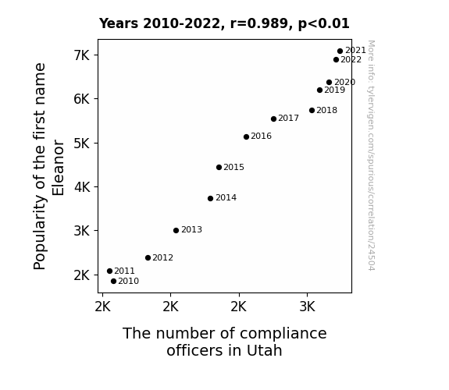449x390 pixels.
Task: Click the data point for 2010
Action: pos(113,282)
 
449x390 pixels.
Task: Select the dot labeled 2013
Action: pos(176,230)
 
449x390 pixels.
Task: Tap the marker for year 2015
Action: pos(219,168)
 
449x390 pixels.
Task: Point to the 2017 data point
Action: pos(273,119)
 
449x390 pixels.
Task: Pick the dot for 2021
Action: pos(340,51)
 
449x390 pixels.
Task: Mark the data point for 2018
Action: pos(312,111)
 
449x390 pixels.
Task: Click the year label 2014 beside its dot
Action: pos(226,197)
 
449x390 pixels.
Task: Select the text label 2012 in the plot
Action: pos(162,258)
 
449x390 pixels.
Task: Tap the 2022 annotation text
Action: pos(351,59)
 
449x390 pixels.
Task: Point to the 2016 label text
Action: pos(261,136)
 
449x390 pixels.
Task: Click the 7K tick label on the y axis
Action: pos(82,55)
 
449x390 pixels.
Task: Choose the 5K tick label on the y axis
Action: pos(82,143)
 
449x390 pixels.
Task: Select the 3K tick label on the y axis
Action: pos(82,231)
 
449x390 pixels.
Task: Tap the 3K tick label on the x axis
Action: pos(307,307)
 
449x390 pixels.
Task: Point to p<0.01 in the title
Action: pos(324,23)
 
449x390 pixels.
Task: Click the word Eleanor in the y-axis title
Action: pos(58,168)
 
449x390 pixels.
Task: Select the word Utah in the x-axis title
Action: pos(264,350)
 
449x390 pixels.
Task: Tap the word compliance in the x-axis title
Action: pos(283,334)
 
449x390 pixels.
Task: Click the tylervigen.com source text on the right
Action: pos(371,155)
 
